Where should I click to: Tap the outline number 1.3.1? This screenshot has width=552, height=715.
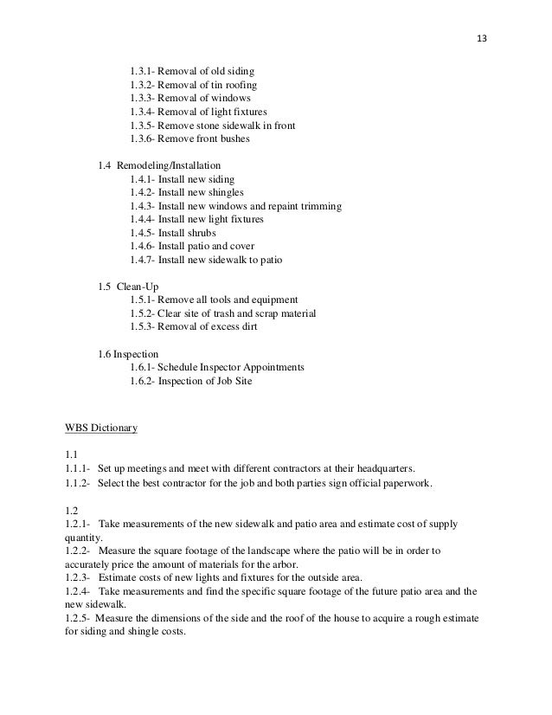[142, 71]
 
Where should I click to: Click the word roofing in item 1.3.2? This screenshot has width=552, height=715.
[238, 85]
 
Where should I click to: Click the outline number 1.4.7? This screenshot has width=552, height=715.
[142, 260]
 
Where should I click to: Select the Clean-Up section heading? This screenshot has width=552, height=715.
[139, 287]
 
